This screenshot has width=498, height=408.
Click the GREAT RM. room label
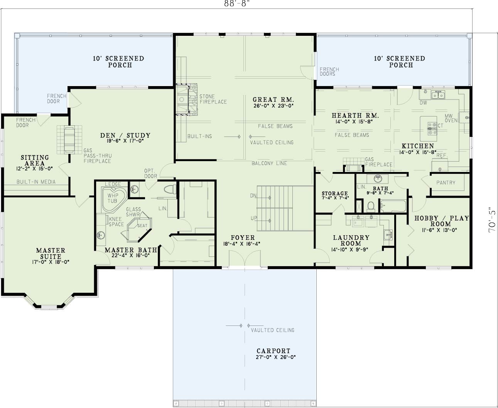[x=273, y=99]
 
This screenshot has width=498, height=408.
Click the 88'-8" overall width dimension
[x=236, y=4]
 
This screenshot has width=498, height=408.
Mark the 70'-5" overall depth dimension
[x=493, y=220]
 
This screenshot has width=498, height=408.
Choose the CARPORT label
[x=273, y=351]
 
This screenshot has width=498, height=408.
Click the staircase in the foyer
[x=275, y=208]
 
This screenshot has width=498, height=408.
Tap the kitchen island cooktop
[x=432, y=129]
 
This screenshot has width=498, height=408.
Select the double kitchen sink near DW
[x=438, y=95]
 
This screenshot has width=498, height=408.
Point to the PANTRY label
[x=446, y=182]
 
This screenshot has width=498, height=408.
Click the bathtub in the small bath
[x=392, y=206]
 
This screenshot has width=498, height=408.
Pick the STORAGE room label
[x=335, y=193]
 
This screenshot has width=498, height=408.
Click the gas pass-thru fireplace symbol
[x=69, y=139]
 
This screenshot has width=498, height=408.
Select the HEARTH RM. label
[x=355, y=115]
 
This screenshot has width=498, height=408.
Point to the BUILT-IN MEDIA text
[x=36, y=182]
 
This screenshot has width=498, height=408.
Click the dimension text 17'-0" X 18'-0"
[x=51, y=262]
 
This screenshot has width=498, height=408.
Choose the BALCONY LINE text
[x=269, y=163]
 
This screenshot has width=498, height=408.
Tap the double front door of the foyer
[x=245, y=258]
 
